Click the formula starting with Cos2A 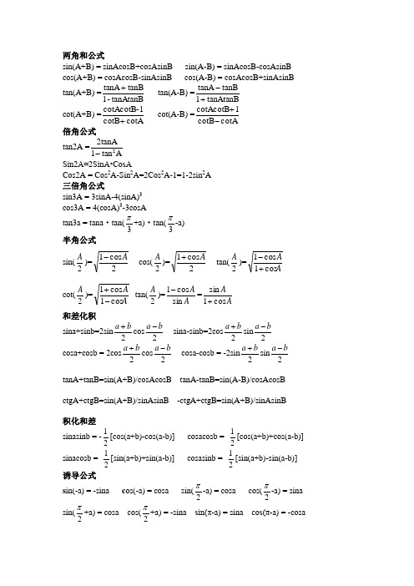tap(133, 175)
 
